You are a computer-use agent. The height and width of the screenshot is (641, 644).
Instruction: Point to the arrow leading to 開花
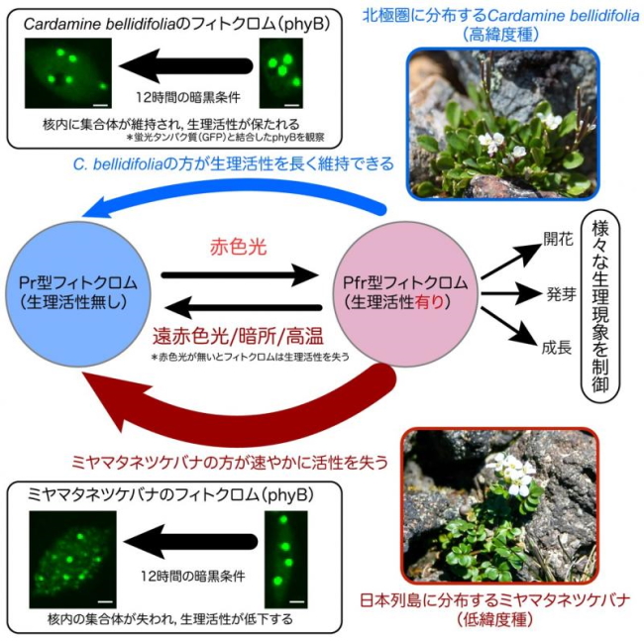pyautogui.click(x=507, y=260)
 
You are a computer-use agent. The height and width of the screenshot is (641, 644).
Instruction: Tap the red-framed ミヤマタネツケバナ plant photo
pyautogui.click(x=500, y=504)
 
